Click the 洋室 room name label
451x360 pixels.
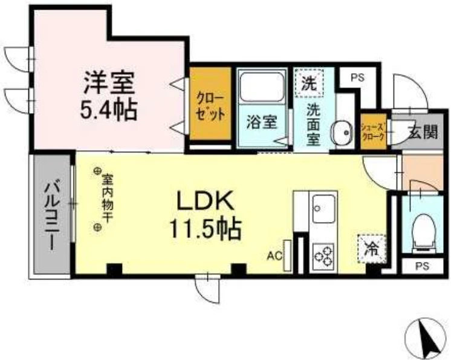[109, 83]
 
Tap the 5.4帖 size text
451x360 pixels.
[108, 110]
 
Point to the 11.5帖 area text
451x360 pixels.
[206, 229]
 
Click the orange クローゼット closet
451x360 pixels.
[210, 103]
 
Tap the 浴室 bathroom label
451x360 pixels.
[262, 123]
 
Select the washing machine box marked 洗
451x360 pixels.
[309, 83]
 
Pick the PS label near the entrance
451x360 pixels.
[357, 77]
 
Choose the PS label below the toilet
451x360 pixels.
[422, 266]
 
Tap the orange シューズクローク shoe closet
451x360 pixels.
[374, 132]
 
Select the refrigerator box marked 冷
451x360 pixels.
[372, 249]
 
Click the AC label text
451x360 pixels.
[275, 256]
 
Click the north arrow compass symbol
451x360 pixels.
[426, 338]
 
